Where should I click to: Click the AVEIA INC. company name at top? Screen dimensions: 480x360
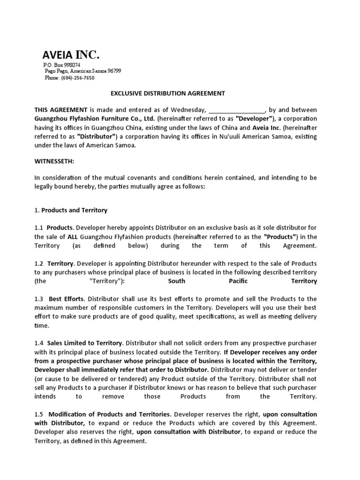point(71,54)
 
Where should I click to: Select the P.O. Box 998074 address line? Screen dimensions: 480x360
point(61,65)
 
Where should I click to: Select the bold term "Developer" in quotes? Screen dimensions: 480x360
point(253,118)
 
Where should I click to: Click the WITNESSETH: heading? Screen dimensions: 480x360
point(54,161)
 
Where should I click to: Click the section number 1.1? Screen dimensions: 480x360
point(38,227)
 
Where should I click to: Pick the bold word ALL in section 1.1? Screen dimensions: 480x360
point(72,236)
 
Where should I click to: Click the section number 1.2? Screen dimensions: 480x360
point(38,263)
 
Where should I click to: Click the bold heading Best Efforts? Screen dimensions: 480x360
point(66,299)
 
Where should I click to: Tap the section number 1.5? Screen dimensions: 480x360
point(38,414)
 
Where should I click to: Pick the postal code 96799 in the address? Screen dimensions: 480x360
point(114,71)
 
